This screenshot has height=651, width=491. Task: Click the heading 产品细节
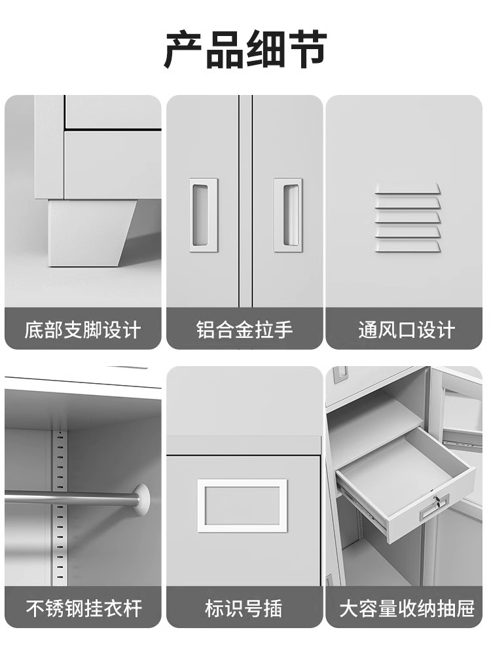(x=245, y=49)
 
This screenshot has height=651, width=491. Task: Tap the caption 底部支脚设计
(x=82, y=330)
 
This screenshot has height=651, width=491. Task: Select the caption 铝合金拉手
(x=244, y=330)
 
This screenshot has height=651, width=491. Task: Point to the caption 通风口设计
(x=407, y=330)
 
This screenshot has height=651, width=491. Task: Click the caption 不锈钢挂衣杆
(x=83, y=608)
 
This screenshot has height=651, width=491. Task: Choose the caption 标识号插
(x=244, y=608)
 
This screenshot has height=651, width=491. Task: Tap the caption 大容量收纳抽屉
(x=407, y=608)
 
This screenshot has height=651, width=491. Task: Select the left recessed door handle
(x=204, y=215)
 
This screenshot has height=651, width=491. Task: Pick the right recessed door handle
(x=287, y=215)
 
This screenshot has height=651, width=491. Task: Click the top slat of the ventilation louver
(x=407, y=189)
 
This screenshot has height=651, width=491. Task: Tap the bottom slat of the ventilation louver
(x=407, y=246)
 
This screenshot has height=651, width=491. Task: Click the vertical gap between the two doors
(x=245, y=201)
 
